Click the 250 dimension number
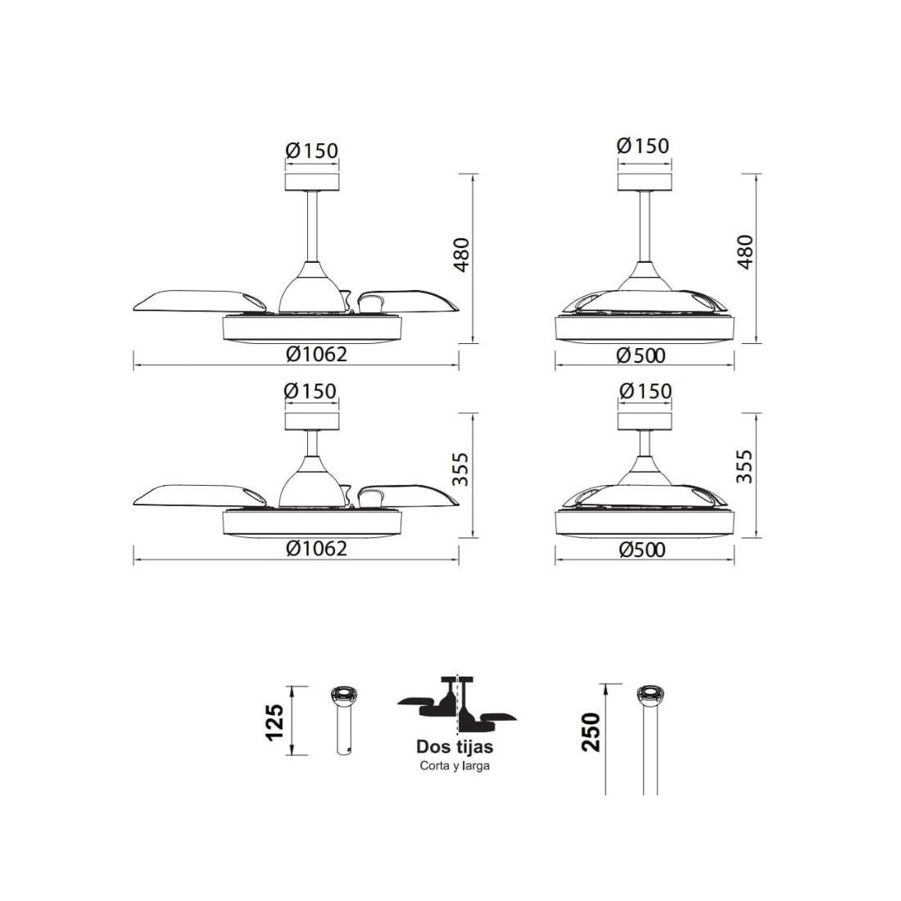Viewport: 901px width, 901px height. click(591, 732)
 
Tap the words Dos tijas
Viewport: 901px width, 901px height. click(455, 747)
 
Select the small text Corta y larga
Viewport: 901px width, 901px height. click(455, 766)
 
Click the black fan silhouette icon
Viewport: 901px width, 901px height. click(457, 705)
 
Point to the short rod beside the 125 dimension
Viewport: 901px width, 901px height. click(345, 720)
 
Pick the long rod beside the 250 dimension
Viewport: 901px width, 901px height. click(650, 740)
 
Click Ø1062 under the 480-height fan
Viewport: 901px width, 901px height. click(317, 354)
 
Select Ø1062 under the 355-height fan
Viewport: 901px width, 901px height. click(317, 548)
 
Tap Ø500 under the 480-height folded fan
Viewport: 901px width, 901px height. click(641, 355)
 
